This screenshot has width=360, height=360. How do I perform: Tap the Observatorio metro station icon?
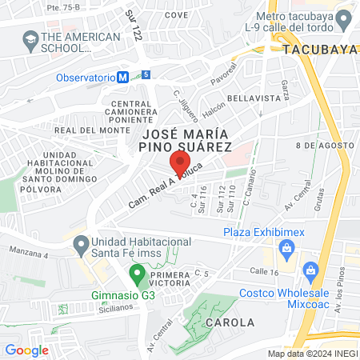click(122, 78)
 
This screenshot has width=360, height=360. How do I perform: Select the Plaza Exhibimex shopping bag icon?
click(286, 250)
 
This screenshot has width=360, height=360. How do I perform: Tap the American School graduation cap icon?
click(30, 38)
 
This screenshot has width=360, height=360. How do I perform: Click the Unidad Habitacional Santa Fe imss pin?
click(80, 242)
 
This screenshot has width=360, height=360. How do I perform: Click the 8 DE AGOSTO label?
click(324, 145)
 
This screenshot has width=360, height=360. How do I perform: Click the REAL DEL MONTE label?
click(86, 130)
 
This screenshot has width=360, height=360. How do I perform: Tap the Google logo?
click(26, 350)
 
